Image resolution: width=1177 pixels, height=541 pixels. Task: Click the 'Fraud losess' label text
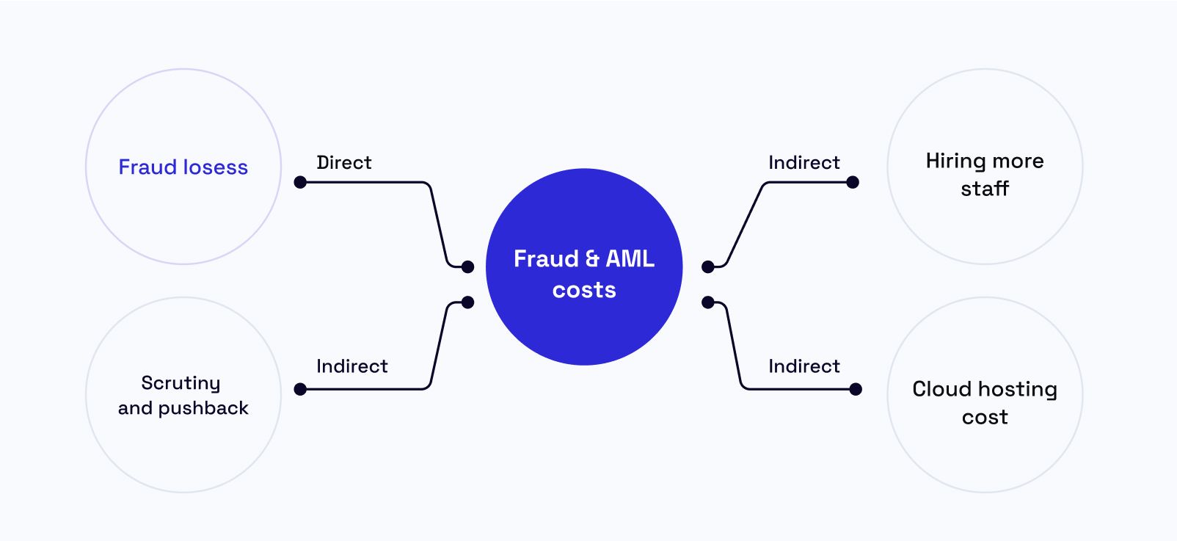[183, 167]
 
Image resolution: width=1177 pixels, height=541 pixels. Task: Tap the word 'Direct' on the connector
[343, 162]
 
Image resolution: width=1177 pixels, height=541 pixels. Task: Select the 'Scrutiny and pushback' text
[183, 395]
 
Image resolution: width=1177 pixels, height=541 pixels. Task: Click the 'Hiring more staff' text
[984, 174]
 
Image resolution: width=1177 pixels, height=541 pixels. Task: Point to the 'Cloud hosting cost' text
[984, 402]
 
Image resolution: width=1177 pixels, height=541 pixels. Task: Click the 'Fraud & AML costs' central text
[584, 274]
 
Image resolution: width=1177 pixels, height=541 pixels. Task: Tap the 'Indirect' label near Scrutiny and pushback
[351, 366]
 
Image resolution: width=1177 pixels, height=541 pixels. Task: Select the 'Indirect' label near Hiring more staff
[804, 162]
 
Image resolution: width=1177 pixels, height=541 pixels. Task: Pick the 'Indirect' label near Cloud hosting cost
[804, 366]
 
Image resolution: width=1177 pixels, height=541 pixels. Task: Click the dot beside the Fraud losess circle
[300, 182]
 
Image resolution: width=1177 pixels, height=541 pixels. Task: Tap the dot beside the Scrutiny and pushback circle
[300, 389]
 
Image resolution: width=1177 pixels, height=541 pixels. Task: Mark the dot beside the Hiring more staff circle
[853, 182]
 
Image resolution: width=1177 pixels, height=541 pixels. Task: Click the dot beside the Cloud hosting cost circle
[856, 389]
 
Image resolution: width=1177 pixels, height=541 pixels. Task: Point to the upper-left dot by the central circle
[467, 266]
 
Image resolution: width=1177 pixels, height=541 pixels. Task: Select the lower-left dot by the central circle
[467, 302]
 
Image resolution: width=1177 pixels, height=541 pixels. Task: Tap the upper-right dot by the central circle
[708, 266]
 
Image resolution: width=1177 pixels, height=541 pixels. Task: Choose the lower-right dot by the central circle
[708, 302]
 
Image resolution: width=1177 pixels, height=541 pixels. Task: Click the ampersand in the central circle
[591, 259]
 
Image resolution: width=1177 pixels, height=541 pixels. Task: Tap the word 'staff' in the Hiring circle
[985, 189]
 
